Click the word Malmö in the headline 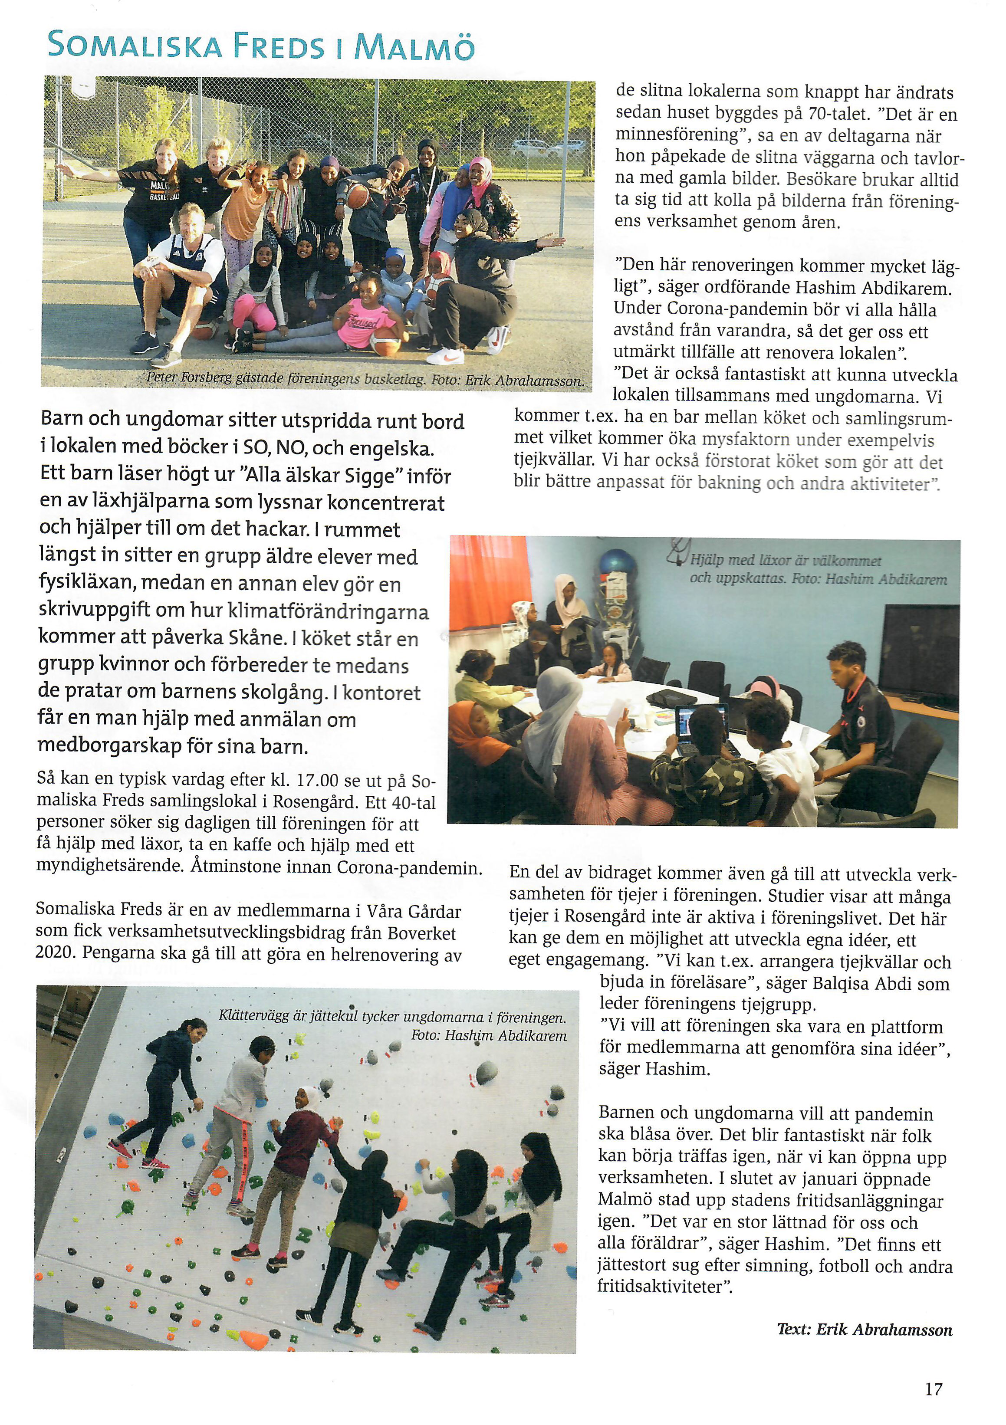(x=414, y=46)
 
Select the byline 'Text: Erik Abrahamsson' (x=865, y=1329)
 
